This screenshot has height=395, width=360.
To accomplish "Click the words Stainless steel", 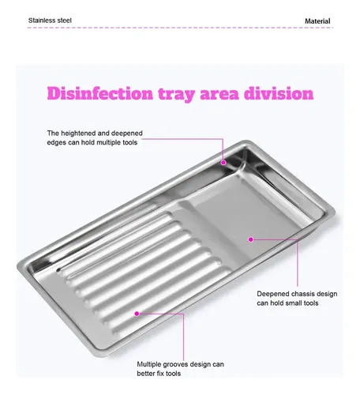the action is tap(50, 21).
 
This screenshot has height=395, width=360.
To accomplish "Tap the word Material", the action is tap(317, 21).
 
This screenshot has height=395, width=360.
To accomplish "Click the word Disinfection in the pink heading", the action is tap(100, 93).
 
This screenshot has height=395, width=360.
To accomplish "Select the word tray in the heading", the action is tap(177, 94).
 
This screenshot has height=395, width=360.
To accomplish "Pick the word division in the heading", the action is tap(279, 93).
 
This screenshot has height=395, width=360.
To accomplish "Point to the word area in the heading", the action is tap(219, 95).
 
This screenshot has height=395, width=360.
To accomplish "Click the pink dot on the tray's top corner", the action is tap(223, 163).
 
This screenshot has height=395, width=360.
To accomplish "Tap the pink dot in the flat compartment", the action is tap(251, 239).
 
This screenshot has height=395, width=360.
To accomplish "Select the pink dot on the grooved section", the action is tap(137, 314).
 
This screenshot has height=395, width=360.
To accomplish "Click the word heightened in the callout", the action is tap(77, 134).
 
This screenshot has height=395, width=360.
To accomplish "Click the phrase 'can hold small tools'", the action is tap(287, 303).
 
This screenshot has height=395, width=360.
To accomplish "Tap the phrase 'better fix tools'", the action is tap(159, 374).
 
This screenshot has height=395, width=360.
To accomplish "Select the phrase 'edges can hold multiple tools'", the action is tap(92, 142).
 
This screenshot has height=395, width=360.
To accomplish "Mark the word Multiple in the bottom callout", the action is tap(149, 365).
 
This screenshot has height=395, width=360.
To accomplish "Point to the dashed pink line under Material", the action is tap(180, 28).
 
